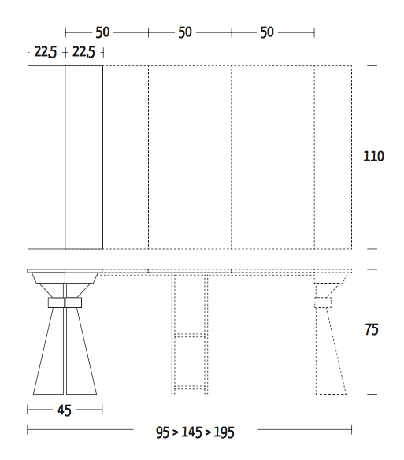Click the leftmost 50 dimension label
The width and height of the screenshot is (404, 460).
pyautogui.click(x=102, y=32)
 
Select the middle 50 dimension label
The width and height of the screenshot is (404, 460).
pyautogui.click(x=185, y=32)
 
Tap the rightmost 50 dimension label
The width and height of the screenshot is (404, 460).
pyautogui.click(x=267, y=32)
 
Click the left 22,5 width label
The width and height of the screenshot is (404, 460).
pyautogui.click(x=45, y=53)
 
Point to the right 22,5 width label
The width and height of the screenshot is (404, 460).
pyautogui.click(x=84, y=53)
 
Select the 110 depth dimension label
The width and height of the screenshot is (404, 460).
pyautogui.click(x=373, y=156)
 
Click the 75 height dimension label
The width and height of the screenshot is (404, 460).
pyautogui.click(x=373, y=330)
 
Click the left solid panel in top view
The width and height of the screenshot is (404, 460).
pyautogui.click(x=46, y=158)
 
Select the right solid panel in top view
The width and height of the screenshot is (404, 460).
pyautogui.click(x=84, y=158)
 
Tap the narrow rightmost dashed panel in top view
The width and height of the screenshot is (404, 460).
pyautogui.click(x=332, y=158)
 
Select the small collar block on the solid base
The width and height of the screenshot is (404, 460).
pyautogui.click(x=65, y=302)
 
